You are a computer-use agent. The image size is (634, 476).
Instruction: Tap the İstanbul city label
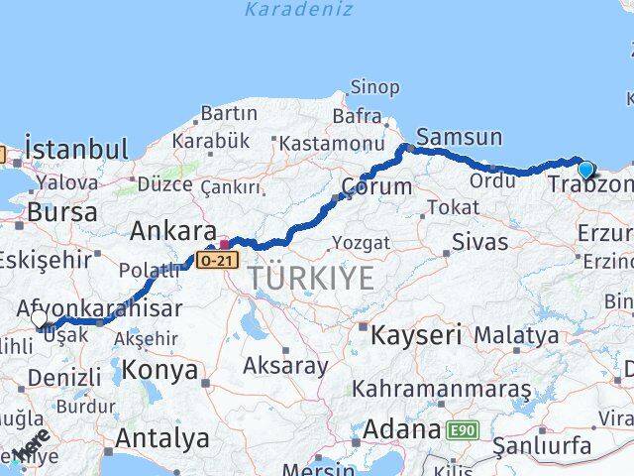76,150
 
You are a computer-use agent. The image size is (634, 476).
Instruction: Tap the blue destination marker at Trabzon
585,170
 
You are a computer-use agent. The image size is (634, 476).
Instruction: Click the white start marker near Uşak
40,318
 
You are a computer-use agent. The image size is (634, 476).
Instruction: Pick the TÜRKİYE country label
311,279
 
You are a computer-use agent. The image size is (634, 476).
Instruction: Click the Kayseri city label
416,335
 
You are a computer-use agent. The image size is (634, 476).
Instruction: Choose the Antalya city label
162,437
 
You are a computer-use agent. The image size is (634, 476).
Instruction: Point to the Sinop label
375,87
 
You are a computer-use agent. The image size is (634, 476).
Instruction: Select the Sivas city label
479,241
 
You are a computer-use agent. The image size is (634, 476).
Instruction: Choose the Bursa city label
62,212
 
